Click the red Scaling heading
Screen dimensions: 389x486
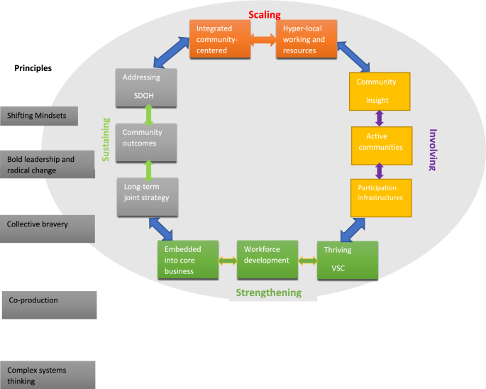tap(263, 14)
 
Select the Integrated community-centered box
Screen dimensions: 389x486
tap(219, 38)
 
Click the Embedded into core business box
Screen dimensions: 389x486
tap(186, 261)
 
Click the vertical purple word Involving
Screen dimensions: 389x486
tap(434, 150)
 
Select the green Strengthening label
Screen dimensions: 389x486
tap(268, 292)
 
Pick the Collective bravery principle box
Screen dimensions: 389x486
tap(48, 224)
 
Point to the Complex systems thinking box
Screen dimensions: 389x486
tap(48, 375)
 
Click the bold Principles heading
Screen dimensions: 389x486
tap(33, 69)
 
